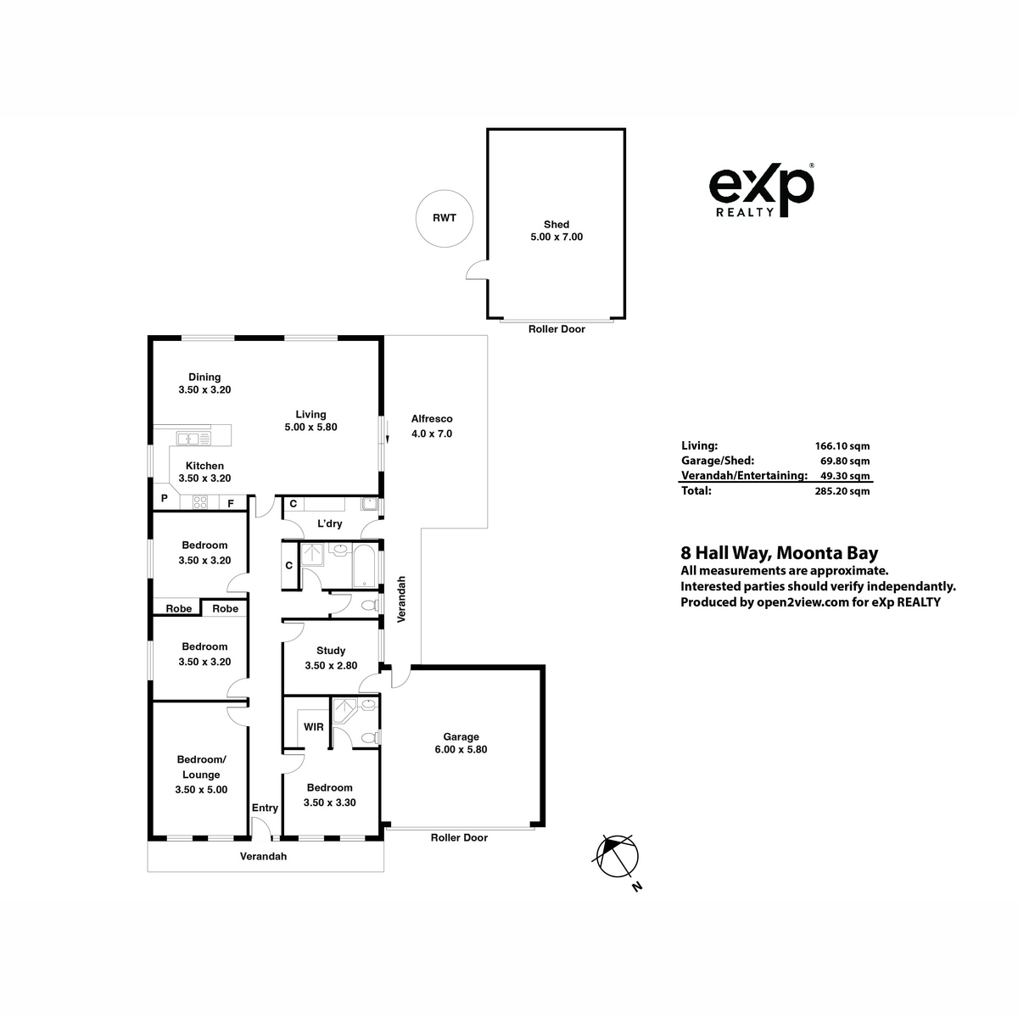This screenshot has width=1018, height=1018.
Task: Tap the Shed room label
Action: tap(557, 225)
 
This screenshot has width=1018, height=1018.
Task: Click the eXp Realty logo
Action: tap(761, 190)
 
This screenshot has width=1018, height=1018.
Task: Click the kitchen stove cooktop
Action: tap(200, 502)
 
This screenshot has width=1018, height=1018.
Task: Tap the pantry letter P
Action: tap(165, 498)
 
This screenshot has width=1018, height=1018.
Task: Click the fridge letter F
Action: tap(231, 504)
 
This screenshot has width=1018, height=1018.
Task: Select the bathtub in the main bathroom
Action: tap(365, 567)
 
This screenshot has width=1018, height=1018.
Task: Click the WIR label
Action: tap(313, 727)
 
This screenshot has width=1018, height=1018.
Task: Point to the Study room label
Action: tap(331, 651)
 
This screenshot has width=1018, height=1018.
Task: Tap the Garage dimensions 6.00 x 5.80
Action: tap(461, 749)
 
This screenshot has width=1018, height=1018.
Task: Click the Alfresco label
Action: tap(432, 419)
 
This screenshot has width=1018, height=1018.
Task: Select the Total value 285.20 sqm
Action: tap(842, 491)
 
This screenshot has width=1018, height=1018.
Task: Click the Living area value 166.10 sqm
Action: tap(842, 446)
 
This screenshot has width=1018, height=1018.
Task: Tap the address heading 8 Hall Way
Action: tap(726, 553)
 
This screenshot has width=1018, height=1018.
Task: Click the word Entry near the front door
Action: tap(265, 808)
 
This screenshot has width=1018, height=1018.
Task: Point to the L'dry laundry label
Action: tap(330, 523)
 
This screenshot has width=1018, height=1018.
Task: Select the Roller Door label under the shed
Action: tap(557, 329)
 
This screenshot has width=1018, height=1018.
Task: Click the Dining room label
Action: tap(204, 378)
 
